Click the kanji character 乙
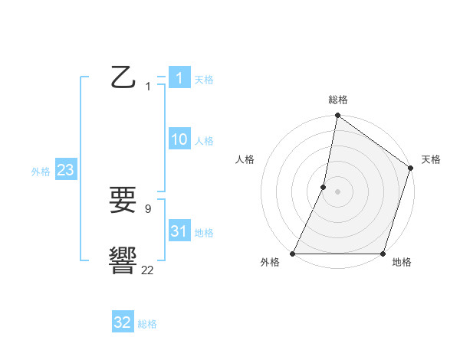point(123,78)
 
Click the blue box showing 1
point(179,78)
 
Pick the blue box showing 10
point(179,139)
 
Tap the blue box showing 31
point(179,231)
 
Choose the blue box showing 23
point(65,170)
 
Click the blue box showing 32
point(123,322)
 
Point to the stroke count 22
point(147,270)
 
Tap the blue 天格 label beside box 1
point(204,80)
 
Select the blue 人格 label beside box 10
point(204,141)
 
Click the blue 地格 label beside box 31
point(204,233)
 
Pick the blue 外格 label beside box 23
point(41,172)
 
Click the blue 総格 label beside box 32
point(147,324)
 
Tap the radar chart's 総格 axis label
point(337,100)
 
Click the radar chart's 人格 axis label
point(245,159)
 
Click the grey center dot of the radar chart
point(337,191)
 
